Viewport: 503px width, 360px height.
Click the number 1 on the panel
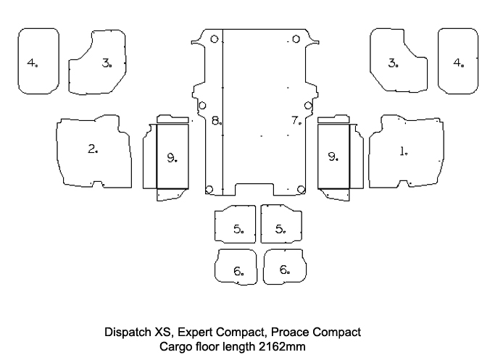(x=402, y=152)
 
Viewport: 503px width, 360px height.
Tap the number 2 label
(x=92, y=149)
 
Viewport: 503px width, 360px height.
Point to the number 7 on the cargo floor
(x=295, y=120)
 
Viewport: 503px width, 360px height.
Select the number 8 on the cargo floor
(x=215, y=120)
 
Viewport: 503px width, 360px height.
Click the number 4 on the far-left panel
(x=31, y=62)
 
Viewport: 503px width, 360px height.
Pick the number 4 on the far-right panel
(x=457, y=62)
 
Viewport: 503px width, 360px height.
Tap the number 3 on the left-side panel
(x=107, y=63)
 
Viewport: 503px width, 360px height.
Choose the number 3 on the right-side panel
(x=392, y=63)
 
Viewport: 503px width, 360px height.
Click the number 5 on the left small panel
(x=238, y=229)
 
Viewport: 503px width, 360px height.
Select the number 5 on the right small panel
(x=280, y=229)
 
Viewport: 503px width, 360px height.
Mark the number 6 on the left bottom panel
(x=238, y=271)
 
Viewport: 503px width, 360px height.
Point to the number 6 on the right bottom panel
(x=283, y=269)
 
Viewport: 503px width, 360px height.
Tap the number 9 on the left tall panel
(x=171, y=157)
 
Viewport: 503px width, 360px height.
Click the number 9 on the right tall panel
(x=332, y=156)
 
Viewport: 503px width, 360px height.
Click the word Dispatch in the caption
(x=128, y=332)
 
